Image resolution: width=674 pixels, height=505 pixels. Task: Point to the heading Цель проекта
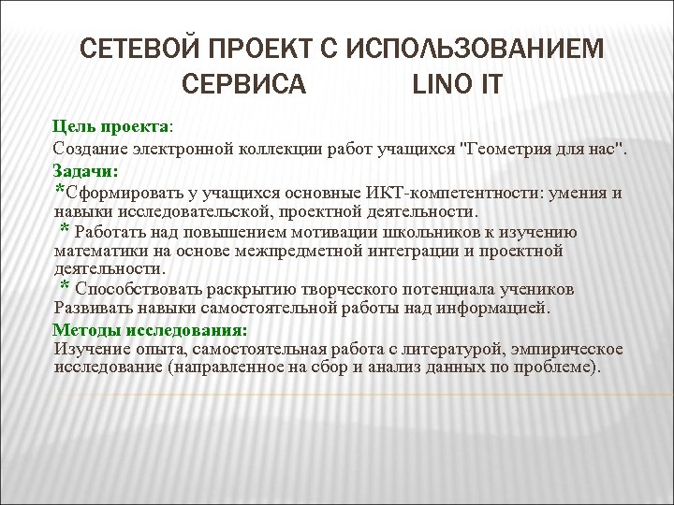tap(110, 126)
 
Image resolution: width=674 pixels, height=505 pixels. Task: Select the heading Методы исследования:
tap(150, 330)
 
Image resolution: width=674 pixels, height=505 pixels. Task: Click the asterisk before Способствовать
tap(65, 287)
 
